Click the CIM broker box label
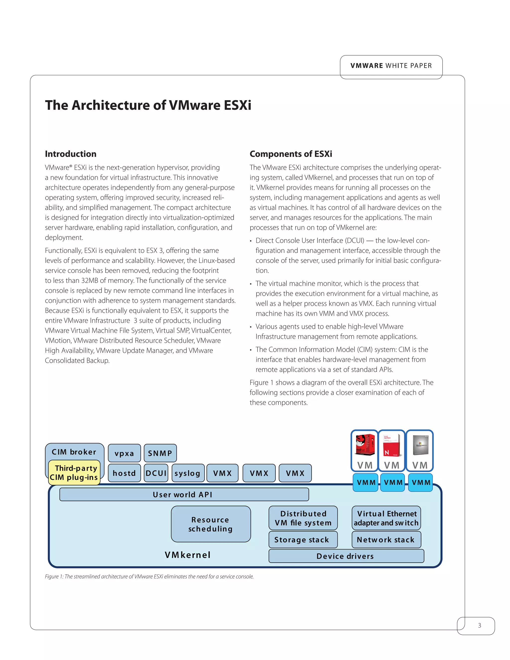(x=74, y=452)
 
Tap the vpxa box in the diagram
(x=124, y=453)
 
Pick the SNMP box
(x=160, y=453)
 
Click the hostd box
(x=124, y=473)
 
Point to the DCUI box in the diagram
(x=156, y=473)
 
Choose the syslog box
(x=188, y=473)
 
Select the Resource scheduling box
(x=211, y=524)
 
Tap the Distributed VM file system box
(x=303, y=518)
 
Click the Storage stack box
(x=303, y=540)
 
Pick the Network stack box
(x=386, y=540)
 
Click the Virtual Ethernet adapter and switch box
(x=386, y=518)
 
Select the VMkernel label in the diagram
(x=188, y=555)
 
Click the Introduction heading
(x=71, y=154)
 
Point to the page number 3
(x=479, y=625)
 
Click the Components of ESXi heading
(x=291, y=154)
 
